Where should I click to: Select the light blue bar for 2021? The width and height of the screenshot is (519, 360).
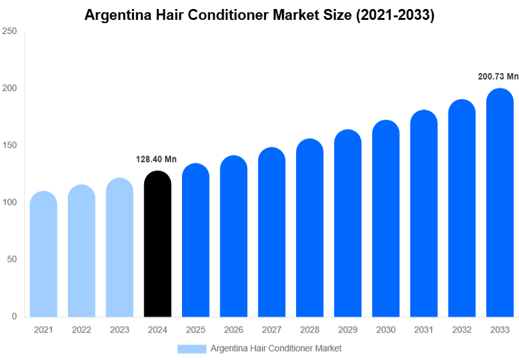point(44,256)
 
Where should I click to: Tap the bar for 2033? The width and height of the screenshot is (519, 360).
point(500,205)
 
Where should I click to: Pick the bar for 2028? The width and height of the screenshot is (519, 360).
point(309,231)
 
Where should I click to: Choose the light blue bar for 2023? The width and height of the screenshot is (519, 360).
point(120,250)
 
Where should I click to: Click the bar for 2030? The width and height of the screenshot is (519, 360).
point(386,221)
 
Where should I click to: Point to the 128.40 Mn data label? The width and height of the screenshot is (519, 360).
point(156,160)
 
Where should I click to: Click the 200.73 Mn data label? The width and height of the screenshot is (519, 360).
point(498,76)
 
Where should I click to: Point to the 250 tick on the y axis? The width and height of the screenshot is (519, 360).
point(10,31)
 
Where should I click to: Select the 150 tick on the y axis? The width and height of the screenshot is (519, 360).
point(10,145)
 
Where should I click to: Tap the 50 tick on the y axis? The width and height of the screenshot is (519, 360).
point(12,259)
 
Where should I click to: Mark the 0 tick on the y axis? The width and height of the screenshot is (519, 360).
point(15,316)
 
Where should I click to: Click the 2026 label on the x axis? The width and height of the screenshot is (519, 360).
point(233,330)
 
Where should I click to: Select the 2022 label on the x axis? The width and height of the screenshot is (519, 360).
point(81,330)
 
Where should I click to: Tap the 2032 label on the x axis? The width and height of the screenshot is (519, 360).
point(461,330)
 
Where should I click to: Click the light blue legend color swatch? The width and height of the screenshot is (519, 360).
point(192,348)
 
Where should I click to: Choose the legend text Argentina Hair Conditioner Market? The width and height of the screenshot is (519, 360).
point(276,348)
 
